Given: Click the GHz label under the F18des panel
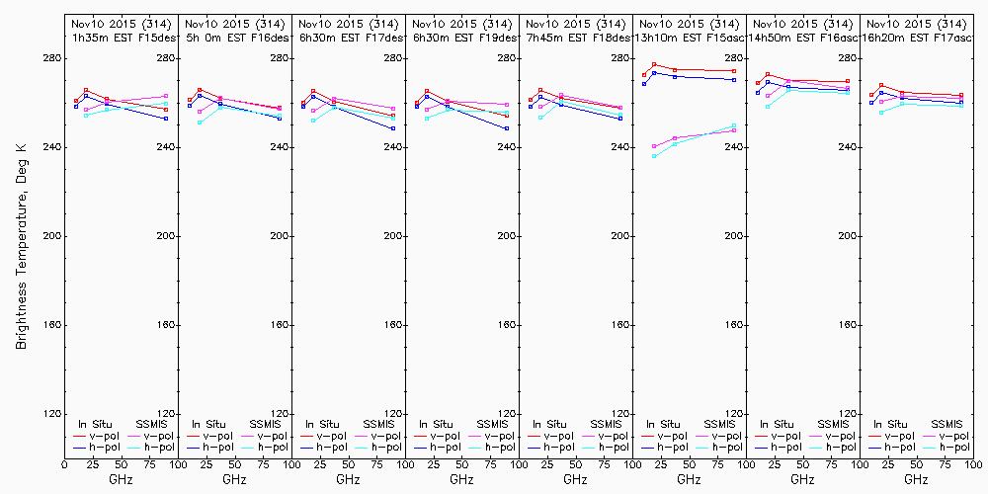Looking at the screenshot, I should click(575, 479).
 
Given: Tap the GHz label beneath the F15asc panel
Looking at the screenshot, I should click(689, 479).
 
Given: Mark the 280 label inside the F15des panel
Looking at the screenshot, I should click(166, 58).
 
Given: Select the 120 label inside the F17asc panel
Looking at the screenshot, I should click(961, 414).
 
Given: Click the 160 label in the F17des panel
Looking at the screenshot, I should click(393, 325).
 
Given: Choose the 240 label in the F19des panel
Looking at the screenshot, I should click(507, 147).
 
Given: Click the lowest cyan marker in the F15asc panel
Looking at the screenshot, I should click(654, 156).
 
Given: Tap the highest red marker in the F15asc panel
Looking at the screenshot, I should click(654, 65).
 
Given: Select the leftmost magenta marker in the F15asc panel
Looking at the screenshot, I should click(654, 146).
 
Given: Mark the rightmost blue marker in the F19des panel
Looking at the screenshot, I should click(507, 128).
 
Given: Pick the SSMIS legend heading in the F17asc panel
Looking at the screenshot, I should click(947, 424).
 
